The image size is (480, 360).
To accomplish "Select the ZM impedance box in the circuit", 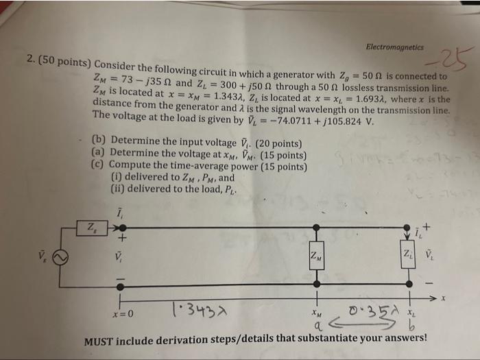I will click(x=317, y=256).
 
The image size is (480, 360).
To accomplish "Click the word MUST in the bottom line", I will click(x=99, y=340).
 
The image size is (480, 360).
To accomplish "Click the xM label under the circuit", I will click(x=316, y=311).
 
